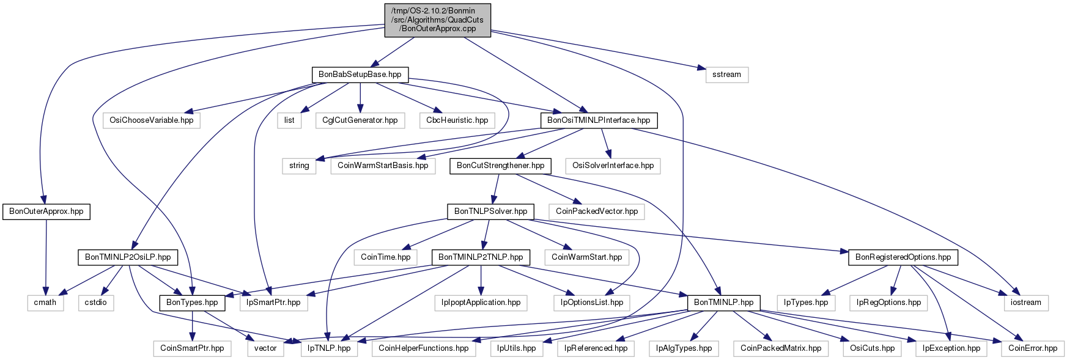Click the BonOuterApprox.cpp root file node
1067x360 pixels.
click(x=437, y=20)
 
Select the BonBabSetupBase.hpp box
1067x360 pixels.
click(x=360, y=75)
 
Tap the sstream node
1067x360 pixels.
click(x=726, y=75)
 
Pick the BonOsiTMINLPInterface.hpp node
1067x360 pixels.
click(x=599, y=120)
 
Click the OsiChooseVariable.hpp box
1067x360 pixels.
click(x=152, y=120)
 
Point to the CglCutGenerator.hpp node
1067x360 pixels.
click(x=360, y=120)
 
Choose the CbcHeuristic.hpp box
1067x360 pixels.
click(x=457, y=120)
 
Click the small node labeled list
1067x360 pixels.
click(x=289, y=120)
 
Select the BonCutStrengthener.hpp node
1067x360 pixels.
click(x=500, y=166)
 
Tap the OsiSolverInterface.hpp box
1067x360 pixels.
click(x=613, y=166)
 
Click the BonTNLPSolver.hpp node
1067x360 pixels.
click(x=490, y=211)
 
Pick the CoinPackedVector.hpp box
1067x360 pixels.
click(x=597, y=211)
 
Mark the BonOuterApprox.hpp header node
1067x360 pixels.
click(x=46, y=211)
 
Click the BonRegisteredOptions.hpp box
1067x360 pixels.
click(x=903, y=257)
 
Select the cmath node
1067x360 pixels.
click(x=45, y=303)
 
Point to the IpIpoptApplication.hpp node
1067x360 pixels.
click(x=481, y=303)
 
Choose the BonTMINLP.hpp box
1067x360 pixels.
click(x=724, y=303)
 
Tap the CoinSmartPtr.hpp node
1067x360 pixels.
click(x=192, y=348)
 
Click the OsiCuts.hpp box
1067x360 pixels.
click(x=872, y=348)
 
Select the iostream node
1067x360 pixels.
click(x=1026, y=303)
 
